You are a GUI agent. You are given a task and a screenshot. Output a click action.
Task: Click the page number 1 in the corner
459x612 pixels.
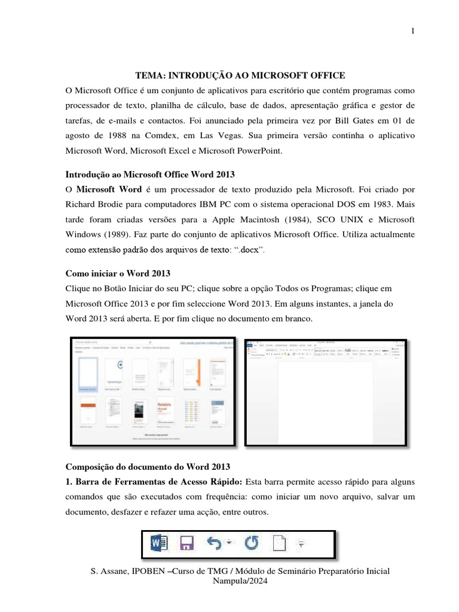pos(413,32)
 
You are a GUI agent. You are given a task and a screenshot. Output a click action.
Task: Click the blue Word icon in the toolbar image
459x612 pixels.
pos(159,544)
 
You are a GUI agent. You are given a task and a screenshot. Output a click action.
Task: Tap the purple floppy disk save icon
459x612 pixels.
pos(186,544)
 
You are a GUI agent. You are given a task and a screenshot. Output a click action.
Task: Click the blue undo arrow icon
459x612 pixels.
pos(214,543)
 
